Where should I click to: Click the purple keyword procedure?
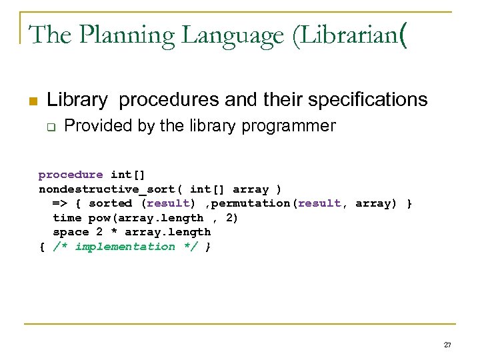click(71, 175)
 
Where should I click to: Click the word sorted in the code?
click(110, 203)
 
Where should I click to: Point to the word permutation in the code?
click(251, 203)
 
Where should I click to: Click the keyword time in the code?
click(67, 218)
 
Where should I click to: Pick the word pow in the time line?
click(99, 218)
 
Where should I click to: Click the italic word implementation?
click(125, 247)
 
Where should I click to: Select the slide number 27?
click(447, 345)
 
